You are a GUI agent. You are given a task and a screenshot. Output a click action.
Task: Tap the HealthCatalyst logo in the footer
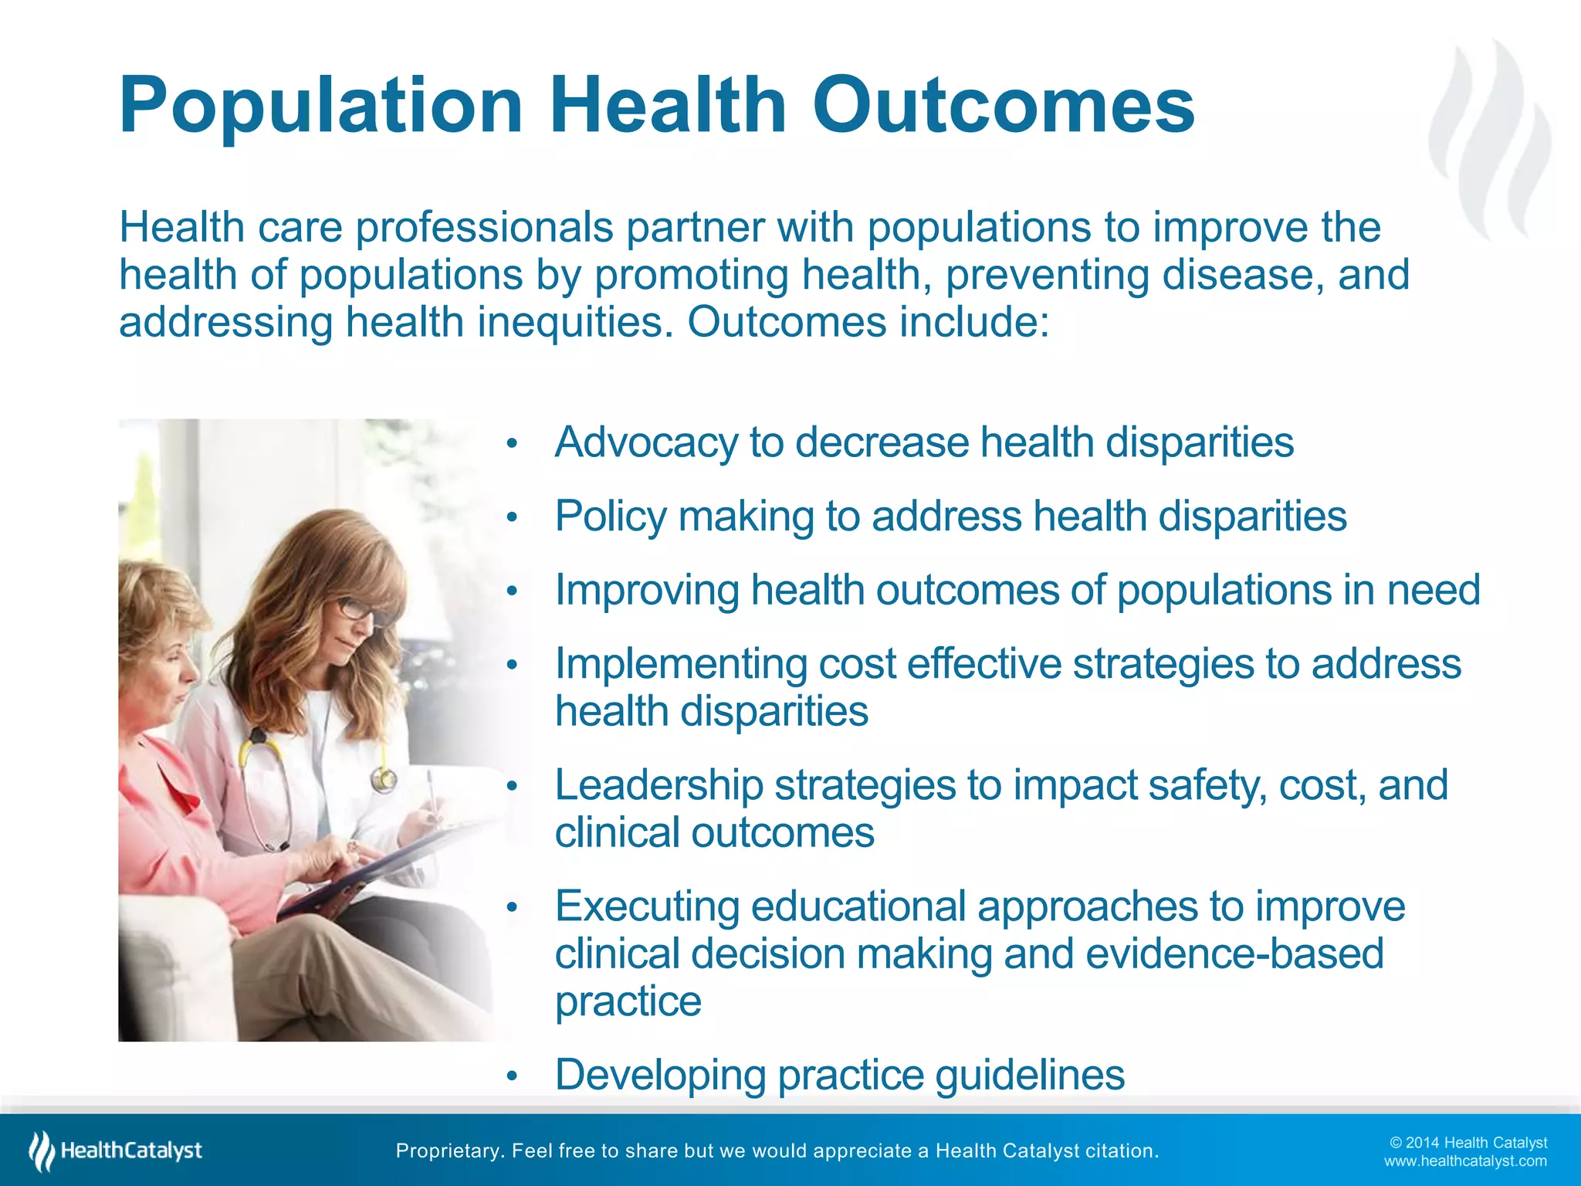(x=116, y=1150)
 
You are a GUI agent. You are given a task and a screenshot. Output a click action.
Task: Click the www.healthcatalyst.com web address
(x=1465, y=1161)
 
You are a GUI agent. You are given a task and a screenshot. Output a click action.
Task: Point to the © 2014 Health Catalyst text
(x=1468, y=1143)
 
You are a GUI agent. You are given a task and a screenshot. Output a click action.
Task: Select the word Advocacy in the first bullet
(x=646, y=443)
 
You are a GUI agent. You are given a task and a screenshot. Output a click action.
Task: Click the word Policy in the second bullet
(x=610, y=517)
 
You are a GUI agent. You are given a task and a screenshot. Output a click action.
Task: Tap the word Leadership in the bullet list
(x=658, y=785)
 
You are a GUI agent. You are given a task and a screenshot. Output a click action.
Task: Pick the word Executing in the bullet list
(x=646, y=906)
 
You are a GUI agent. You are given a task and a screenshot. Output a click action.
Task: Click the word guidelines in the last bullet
(x=1030, y=1075)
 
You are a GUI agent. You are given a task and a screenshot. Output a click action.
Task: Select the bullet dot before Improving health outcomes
(x=511, y=591)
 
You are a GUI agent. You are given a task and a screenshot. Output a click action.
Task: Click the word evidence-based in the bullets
(x=1234, y=954)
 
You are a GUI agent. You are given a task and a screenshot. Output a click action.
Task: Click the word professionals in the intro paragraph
(x=484, y=228)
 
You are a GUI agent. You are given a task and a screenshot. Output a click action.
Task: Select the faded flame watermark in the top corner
(x=1490, y=139)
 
